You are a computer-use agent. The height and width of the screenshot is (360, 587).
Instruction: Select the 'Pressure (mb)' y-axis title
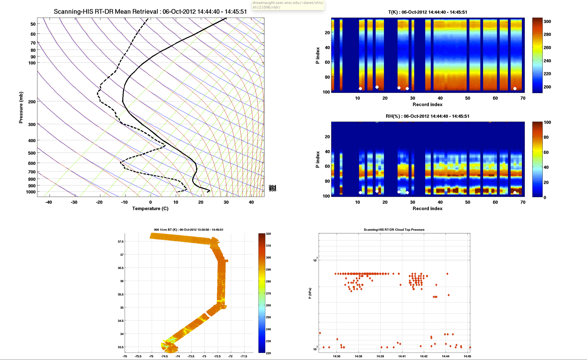[21, 108]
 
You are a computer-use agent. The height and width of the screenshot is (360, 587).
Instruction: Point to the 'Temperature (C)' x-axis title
[150, 209]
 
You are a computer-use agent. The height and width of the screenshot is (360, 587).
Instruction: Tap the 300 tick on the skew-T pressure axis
[32, 124]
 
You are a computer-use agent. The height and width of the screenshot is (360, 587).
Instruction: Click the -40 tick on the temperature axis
[49, 202]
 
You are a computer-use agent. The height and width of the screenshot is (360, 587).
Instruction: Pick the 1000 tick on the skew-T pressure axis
[31, 192]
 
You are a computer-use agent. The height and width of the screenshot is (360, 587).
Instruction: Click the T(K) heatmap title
[427, 12]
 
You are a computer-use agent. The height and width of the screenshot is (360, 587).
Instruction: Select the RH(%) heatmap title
[427, 116]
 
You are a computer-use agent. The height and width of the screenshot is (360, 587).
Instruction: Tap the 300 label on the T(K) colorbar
[547, 22]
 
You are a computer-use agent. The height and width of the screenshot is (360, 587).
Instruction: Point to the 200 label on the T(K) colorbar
[547, 87]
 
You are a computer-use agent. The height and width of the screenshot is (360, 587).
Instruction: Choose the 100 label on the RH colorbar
[547, 122]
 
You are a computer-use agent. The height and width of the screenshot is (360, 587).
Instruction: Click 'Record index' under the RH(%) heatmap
[427, 209]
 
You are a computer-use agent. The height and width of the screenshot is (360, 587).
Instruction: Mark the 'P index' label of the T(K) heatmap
[318, 55]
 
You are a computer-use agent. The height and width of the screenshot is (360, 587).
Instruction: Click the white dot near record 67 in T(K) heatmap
[515, 89]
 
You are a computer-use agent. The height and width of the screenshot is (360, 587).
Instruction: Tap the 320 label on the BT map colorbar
[268, 234]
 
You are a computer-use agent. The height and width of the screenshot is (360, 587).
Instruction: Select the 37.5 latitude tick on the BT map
[120, 241]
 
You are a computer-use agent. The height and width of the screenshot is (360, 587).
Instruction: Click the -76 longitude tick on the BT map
[125, 356]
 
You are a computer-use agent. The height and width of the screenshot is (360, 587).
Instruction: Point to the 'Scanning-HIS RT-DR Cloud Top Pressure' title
[394, 230]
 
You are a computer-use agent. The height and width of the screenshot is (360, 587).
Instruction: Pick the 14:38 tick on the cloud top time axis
[358, 356]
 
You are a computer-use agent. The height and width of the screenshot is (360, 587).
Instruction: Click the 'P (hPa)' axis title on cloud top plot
[310, 293]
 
